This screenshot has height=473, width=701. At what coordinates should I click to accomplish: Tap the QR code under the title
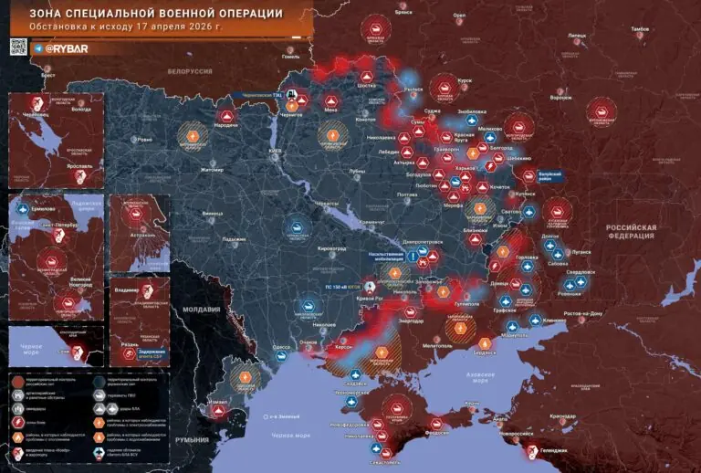pyautogui.click(x=20, y=46)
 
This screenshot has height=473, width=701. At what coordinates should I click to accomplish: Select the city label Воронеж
pyautogui.click(x=560, y=98)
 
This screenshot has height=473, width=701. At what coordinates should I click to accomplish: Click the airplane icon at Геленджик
pyautogui.click(x=532, y=447)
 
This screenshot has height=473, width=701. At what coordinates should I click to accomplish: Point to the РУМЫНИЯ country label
pyautogui.click(x=193, y=439)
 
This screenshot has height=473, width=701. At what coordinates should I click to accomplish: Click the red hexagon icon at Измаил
pyautogui.click(x=219, y=410)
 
